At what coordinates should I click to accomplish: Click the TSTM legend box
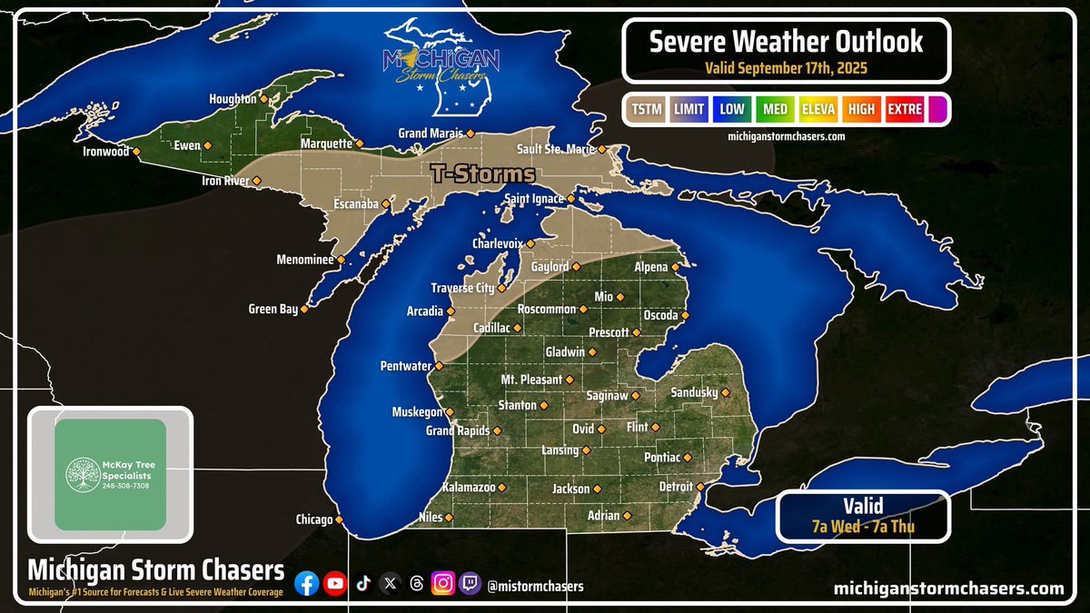[645, 110]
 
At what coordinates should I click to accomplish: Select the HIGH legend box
[861, 110]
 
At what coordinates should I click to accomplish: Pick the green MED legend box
[774, 110]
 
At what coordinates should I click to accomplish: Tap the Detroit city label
[675, 488]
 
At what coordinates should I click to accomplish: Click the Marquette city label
[326, 143]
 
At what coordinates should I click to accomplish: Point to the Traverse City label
[462, 288]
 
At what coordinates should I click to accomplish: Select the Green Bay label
[272, 310]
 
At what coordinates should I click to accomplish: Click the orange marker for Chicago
[339, 520]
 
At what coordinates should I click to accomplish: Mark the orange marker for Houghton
[264, 99]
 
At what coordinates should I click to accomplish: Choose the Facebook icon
[307, 585]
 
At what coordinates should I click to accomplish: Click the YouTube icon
[335, 585]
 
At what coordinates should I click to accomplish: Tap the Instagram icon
[442, 585]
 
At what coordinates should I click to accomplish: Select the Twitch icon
[470, 585]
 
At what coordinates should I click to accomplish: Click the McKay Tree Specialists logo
[110, 474]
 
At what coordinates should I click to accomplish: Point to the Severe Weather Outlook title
[787, 41]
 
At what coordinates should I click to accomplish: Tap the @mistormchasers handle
[536, 587]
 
